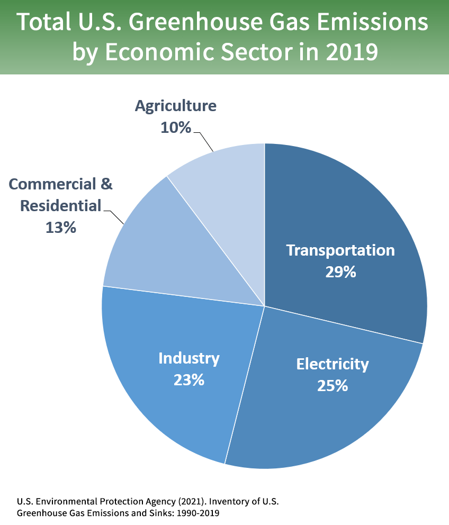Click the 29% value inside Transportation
(340, 272)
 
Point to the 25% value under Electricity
(332, 386)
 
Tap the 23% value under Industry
(188, 380)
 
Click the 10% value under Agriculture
(175, 128)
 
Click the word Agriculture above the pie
(175, 106)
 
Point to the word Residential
(60, 205)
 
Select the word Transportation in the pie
(340, 250)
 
